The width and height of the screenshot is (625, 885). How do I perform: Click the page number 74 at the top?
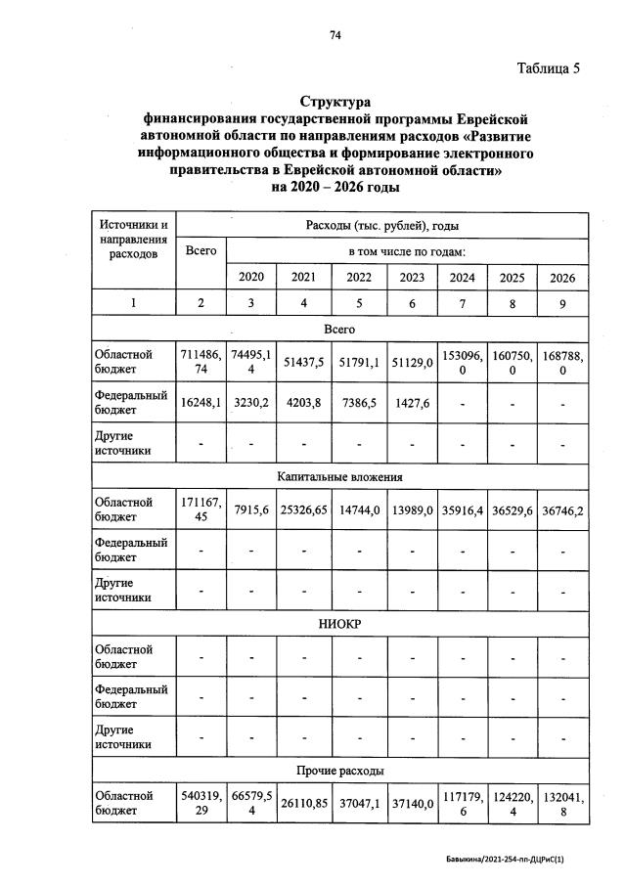(x=335, y=35)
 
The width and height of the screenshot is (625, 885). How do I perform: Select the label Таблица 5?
(x=548, y=68)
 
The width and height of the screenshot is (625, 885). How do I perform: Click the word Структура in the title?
(x=335, y=102)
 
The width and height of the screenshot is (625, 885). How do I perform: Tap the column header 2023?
(x=412, y=277)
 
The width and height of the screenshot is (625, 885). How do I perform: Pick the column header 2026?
(x=561, y=277)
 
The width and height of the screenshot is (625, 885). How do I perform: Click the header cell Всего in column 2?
(x=201, y=250)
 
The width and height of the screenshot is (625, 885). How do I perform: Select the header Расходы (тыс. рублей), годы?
(x=382, y=226)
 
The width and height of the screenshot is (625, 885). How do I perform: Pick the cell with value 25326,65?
(x=303, y=509)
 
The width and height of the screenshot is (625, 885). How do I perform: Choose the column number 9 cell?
(x=561, y=302)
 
